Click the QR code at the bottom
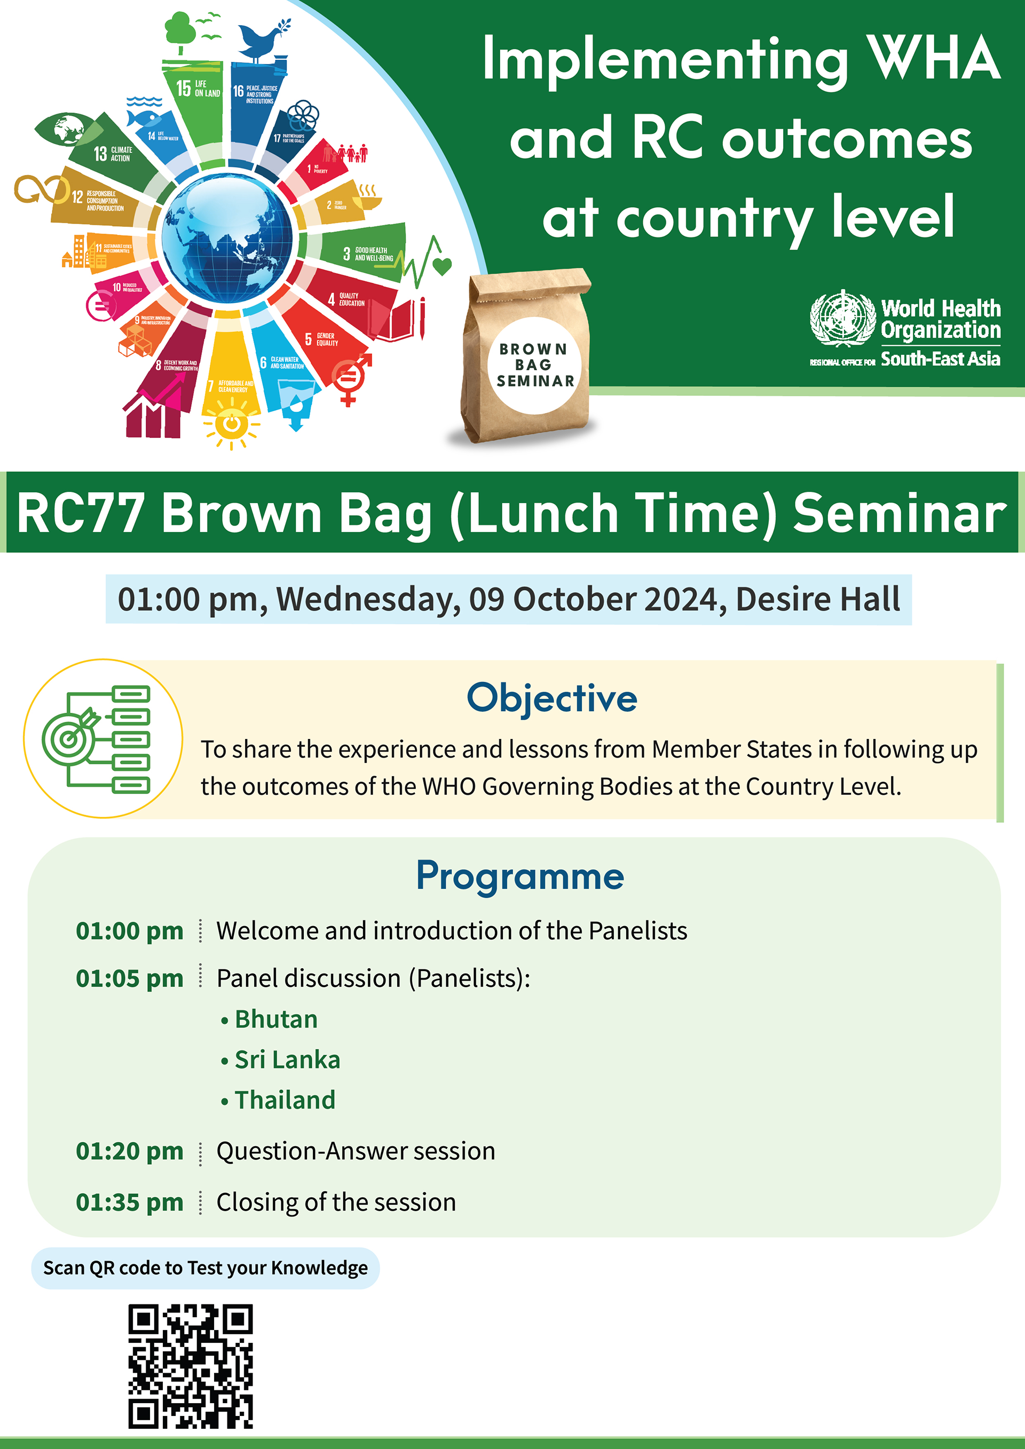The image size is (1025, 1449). coord(190,1367)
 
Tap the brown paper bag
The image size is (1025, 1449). coord(529,356)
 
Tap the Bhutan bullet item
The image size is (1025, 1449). coord(276,1019)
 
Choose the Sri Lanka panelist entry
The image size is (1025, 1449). coord(287,1060)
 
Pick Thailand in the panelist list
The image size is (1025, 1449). coord(285,1100)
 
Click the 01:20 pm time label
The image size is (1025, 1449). coord(130,1151)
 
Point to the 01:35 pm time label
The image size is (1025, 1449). coord(130,1202)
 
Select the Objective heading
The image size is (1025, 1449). coord(551,699)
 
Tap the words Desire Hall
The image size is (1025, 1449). coord(817,599)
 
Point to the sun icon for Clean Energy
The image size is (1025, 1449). coord(231,425)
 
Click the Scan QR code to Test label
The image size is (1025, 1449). coord(205,1268)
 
